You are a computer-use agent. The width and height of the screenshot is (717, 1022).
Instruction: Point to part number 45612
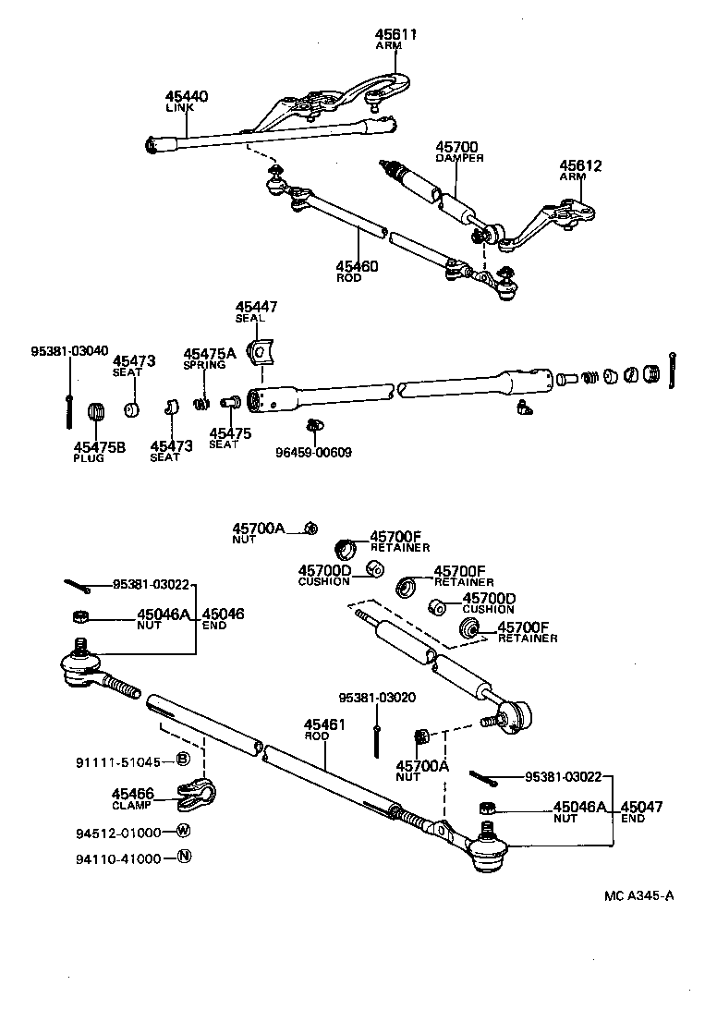580,166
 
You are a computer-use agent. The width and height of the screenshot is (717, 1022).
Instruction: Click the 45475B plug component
93,411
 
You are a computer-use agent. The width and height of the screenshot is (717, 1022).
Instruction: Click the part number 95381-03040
69,351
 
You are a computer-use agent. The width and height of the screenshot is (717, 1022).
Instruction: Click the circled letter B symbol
183,760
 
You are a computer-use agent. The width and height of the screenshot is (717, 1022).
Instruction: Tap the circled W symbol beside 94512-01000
183,830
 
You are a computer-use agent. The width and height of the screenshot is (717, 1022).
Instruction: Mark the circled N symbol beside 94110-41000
183,857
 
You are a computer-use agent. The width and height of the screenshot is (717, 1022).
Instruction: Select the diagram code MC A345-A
639,895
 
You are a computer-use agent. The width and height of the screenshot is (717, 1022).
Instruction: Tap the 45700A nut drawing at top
311,529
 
